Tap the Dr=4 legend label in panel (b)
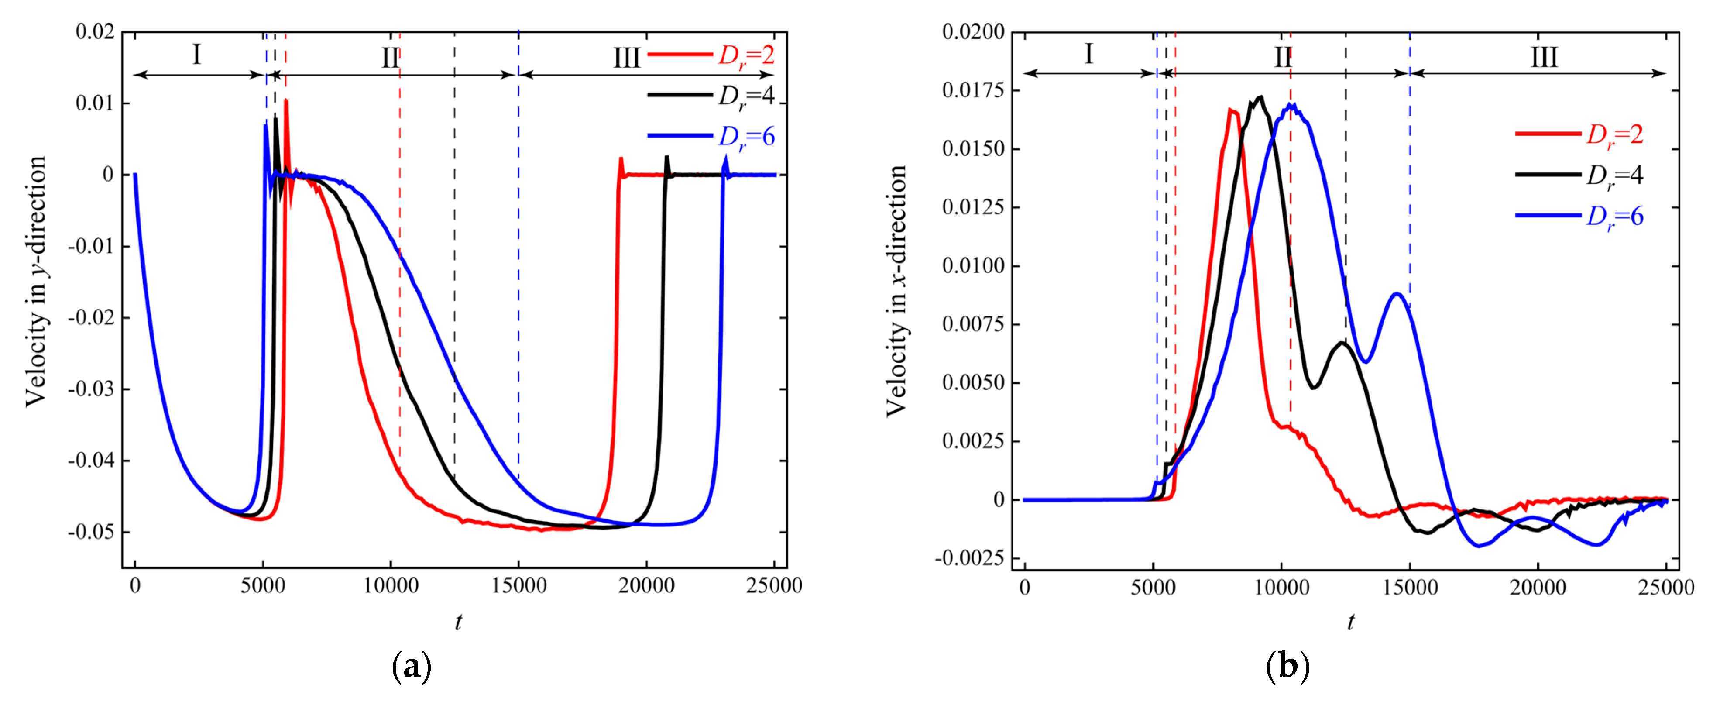pyautogui.click(x=1614, y=175)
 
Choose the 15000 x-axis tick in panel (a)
pyautogui.click(x=519, y=586)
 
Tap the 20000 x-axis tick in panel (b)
pyautogui.click(x=1538, y=588)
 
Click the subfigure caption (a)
pyautogui.click(x=411, y=666)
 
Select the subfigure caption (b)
pyautogui.click(x=1287, y=666)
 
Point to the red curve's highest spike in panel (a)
pyautogui.click(x=286, y=100)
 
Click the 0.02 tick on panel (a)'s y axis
pyautogui.click(x=95, y=31)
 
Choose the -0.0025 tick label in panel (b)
pyautogui.click(x=969, y=558)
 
